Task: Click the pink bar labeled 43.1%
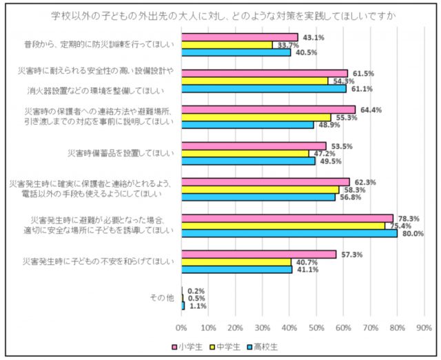tap(240, 37)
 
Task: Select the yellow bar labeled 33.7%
tap(227, 44)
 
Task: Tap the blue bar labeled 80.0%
tap(289, 233)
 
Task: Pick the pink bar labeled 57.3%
tap(258, 254)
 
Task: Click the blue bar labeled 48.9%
tap(247, 125)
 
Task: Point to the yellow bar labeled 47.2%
tap(245, 153)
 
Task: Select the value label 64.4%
tap(369, 109)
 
